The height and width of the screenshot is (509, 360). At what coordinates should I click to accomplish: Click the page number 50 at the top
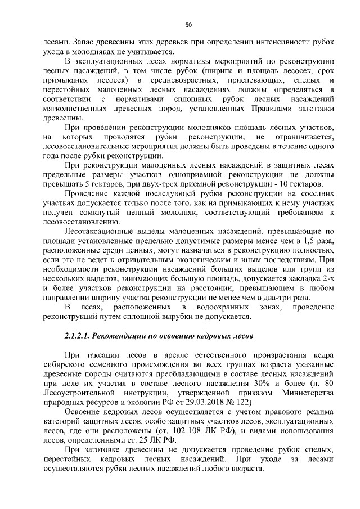(188, 24)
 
